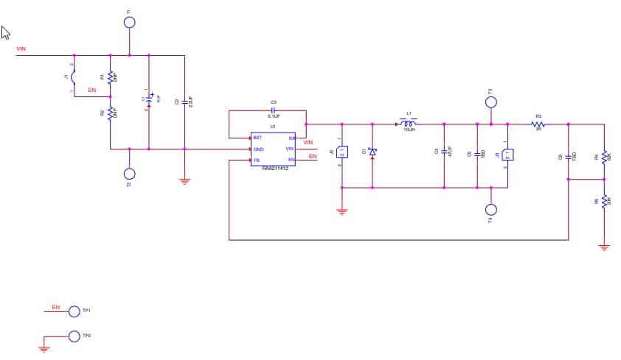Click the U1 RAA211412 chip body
point(273,149)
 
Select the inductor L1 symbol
point(408,124)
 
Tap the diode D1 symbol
point(372,152)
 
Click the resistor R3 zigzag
point(538,124)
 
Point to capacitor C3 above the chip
point(273,110)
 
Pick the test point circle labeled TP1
point(74,311)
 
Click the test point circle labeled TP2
point(74,336)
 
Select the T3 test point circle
point(491,102)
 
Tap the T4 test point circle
point(491,209)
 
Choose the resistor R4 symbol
point(604,157)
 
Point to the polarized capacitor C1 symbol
point(150,98)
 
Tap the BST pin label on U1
point(257,138)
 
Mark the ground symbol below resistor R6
point(604,247)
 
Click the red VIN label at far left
point(21,49)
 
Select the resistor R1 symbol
point(111,77)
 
